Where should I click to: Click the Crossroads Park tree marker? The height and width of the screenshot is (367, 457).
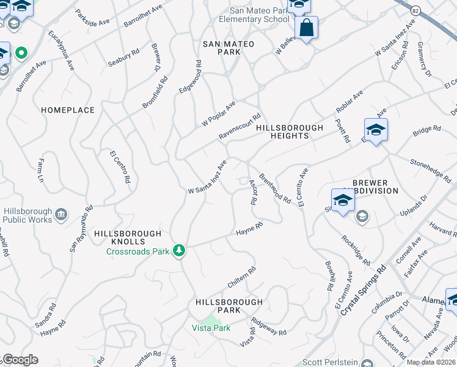(178, 250)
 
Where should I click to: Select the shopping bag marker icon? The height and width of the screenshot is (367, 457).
(306, 28)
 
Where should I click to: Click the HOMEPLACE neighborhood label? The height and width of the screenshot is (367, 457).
(68, 110)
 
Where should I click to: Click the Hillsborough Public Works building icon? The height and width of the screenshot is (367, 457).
(61, 214)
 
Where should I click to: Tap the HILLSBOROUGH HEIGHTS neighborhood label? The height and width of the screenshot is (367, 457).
(289, 132)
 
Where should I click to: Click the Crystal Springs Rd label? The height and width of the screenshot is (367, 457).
(364, 291)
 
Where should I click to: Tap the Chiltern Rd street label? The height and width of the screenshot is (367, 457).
(241, 277)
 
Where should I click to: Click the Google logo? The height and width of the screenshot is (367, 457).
(20, 360)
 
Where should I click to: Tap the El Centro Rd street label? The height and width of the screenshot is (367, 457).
(120, 168)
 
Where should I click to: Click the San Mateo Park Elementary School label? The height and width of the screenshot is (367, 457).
(259, 15)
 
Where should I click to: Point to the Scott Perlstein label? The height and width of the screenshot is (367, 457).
(334, 362)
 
